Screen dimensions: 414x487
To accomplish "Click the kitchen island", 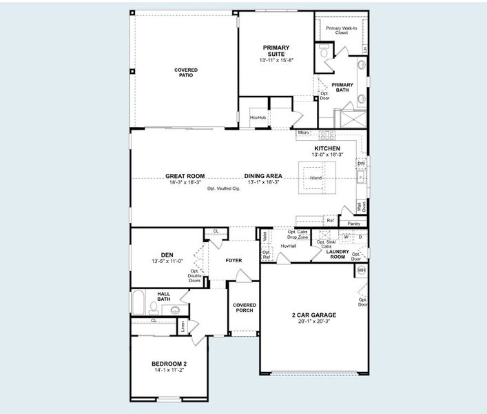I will (x=315, y=179).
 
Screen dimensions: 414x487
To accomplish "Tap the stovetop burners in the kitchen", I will (x=325, y=135).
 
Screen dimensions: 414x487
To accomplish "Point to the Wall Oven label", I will (x=361, y=206).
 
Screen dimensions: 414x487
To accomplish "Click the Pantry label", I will (x=354, y=224).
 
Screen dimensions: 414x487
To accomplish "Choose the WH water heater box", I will (x=361, y=270).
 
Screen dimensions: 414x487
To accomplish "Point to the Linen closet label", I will (x=183, y=328).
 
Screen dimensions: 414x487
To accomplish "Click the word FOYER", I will (x=235, y=261).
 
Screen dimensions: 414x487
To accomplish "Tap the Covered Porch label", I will (x=244, y=308).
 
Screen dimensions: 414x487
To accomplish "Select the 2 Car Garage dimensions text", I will (x=313, y=322).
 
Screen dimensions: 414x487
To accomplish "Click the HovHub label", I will (x=258, y=118).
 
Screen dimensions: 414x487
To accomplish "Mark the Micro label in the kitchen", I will (x=304, y=132).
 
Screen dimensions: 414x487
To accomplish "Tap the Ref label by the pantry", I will (x=331, y=221).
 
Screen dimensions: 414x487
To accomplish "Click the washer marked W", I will (x=346, y=237).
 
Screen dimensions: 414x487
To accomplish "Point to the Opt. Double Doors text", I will (x=194, y=276).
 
